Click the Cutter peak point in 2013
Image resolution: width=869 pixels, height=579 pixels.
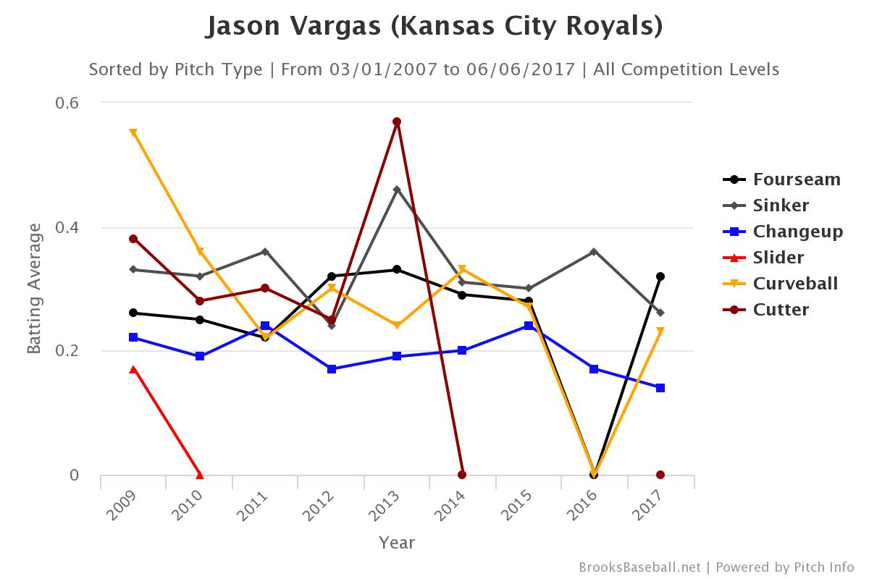click(397, 122)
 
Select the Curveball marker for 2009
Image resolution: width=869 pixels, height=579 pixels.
click(133, 132)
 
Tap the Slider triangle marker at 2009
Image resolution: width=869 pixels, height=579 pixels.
click(133, 369)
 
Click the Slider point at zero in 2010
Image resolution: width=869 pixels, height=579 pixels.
click(200, 475)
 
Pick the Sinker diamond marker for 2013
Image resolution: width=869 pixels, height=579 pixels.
click(397, 190)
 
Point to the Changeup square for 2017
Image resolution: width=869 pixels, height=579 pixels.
click(660, 388)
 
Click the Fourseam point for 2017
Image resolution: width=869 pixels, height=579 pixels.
click(660, 276)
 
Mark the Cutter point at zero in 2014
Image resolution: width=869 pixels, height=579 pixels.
click(462, 475)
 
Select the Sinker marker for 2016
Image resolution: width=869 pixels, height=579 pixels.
click(594, 252)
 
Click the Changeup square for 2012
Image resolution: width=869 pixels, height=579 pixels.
click(332, 369)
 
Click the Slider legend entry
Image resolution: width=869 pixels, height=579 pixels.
click(778, 258)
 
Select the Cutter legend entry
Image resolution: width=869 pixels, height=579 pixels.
click(781, 310)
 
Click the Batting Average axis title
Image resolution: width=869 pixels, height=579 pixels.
click(34, 289)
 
